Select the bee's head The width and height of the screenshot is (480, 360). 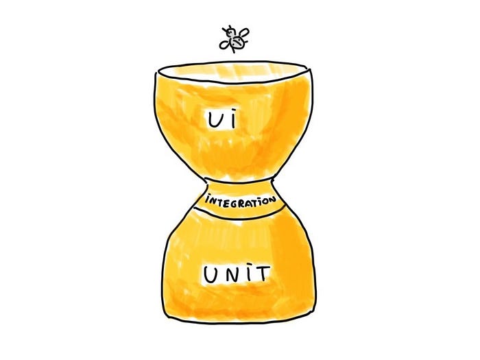(x=229, y=32)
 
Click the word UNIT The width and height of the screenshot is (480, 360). (x=235, y=275)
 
